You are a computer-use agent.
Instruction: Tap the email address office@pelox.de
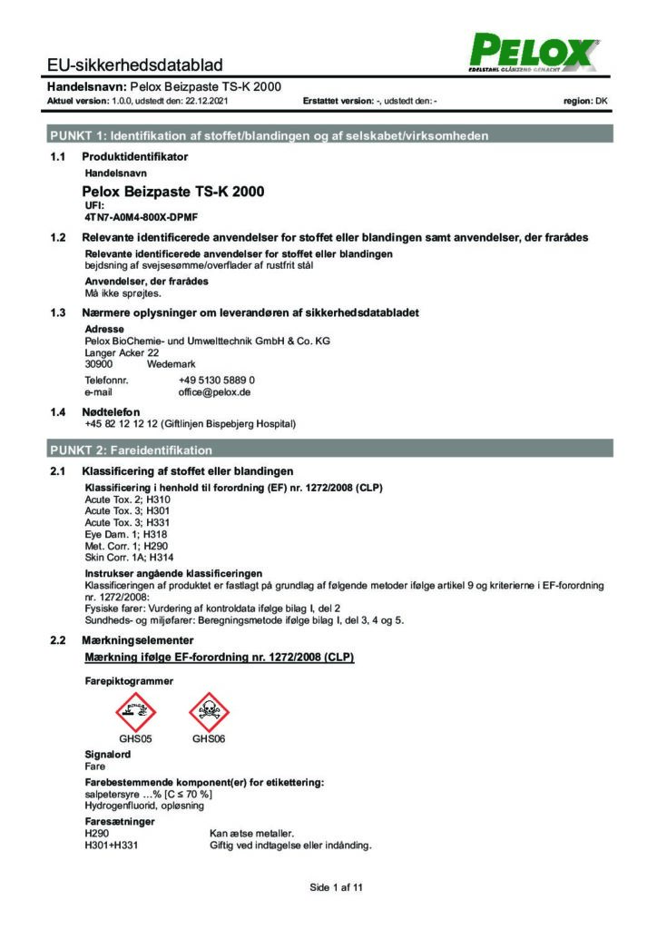coord(214,392)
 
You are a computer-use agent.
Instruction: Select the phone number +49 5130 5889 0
coord(216,380)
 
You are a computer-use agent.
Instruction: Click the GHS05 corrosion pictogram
coord(134,708)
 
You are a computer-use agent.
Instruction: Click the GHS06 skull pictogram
coord(208,708)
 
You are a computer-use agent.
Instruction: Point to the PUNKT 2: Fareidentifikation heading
coord(132,450)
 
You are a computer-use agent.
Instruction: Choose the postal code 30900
coord(98,363)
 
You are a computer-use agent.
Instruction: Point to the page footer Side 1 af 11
coord(336,887)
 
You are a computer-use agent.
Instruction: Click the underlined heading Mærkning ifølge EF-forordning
coord(218,656)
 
